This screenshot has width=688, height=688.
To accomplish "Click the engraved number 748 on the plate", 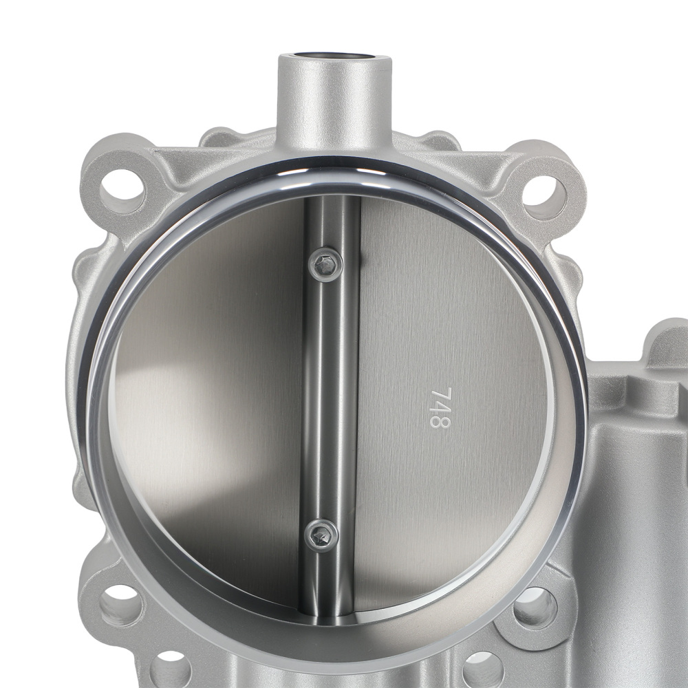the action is click(x=440, y=407).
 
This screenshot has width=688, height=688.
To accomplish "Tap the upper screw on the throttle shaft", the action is click(x=326, y=264).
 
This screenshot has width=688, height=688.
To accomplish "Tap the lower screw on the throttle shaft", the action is click(x=321, y=535).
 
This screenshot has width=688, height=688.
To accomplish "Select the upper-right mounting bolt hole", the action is click(x=544, y=197).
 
